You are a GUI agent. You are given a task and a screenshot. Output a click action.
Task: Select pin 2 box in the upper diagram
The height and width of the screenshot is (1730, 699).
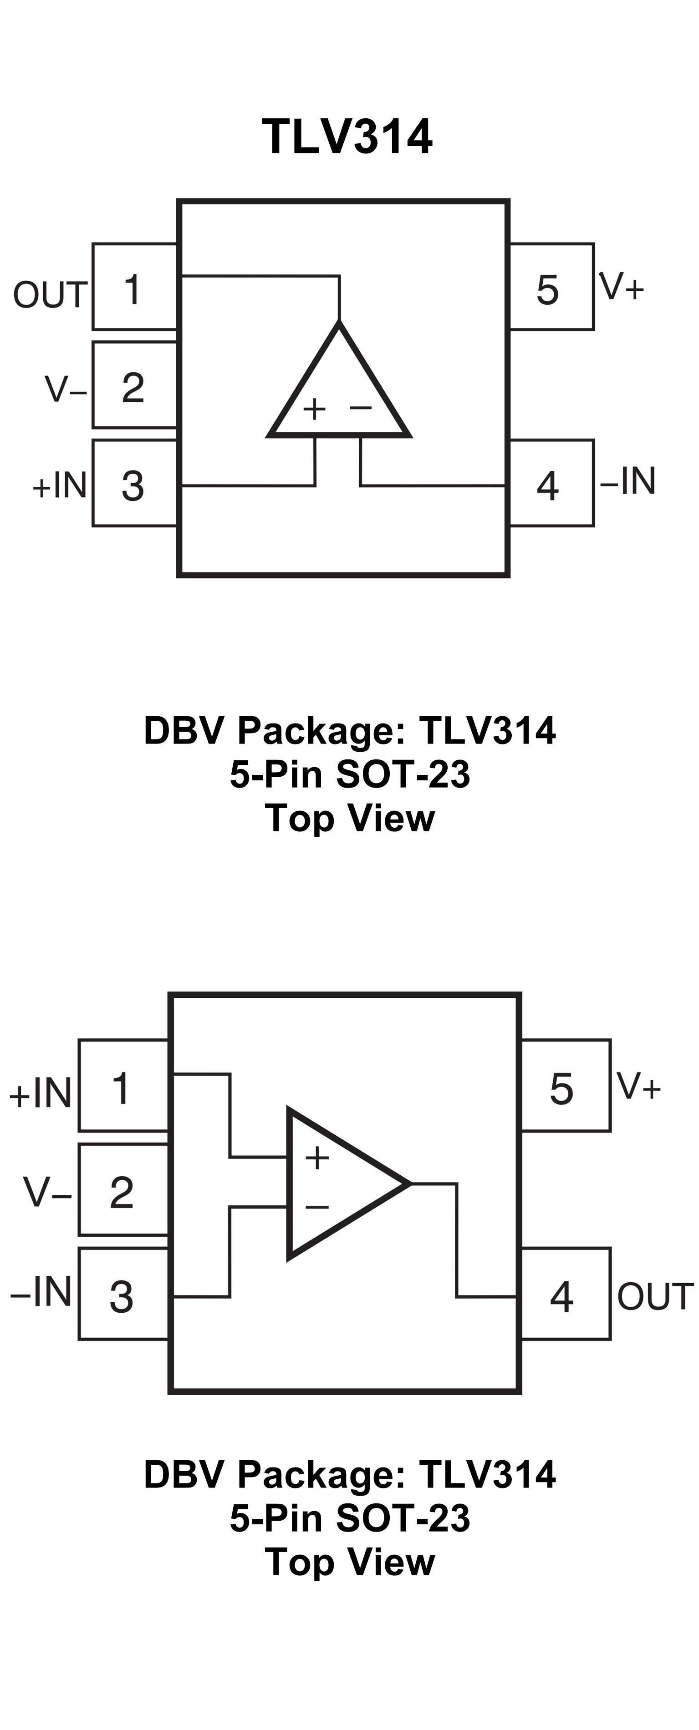tap(134, 385)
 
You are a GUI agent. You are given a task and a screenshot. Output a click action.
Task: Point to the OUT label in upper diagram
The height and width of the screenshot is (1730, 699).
tap(50, 295)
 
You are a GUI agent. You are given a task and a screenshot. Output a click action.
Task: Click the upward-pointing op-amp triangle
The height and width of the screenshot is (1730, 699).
tap(339, 390)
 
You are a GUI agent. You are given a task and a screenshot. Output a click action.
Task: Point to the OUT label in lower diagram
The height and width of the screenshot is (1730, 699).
tap(655, 1297)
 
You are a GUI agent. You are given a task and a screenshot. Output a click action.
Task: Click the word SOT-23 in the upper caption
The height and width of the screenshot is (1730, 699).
tap(402, 774)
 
